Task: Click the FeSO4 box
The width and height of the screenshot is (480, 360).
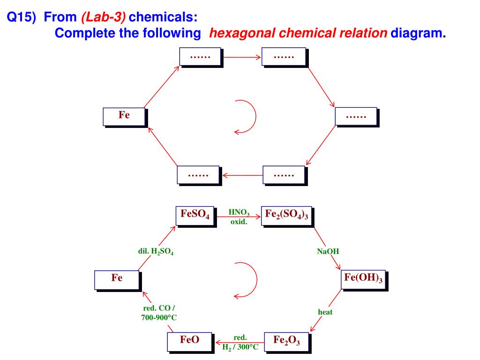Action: coord(196,217)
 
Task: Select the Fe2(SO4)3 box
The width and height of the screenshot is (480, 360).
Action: coord(287,217)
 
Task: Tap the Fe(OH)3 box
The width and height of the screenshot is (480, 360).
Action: coord(364,280)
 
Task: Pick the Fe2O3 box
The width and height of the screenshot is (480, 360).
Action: coord(287,342)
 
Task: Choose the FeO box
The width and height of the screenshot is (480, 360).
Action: coord(190,342)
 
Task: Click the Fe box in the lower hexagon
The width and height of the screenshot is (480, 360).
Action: coord(118,280)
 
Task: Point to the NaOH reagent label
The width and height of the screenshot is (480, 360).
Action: coord(328,251)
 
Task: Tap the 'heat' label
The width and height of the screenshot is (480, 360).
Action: coord(325,312)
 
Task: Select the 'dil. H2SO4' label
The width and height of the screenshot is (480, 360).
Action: coord(156,251)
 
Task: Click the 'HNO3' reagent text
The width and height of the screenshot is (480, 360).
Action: coord(239,212)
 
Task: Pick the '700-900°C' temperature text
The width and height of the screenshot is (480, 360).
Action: coord(159,317)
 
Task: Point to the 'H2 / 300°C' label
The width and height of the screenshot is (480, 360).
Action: coord(240,347)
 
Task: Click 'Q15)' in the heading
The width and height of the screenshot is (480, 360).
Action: coord(22,17)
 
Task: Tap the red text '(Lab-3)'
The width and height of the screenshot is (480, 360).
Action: coord(104,17)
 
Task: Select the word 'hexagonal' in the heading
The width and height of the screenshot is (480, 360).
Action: coord(242,33)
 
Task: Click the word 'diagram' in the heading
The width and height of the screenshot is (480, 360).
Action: coord(416,33)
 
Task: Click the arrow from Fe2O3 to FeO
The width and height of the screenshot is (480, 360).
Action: coord(240,342)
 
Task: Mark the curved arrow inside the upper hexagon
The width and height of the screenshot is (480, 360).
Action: coord(255,116)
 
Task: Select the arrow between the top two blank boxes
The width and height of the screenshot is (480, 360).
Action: coord(242,57)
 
